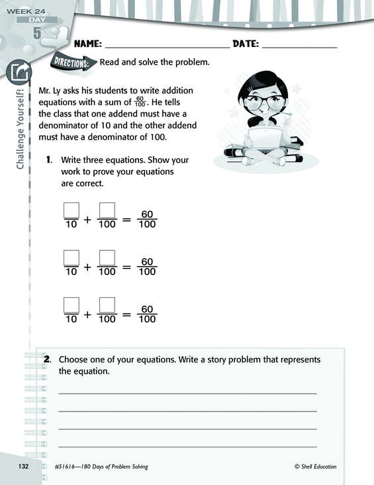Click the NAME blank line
pos(167,48)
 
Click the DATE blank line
pos(299,48)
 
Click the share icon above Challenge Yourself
pos(19,72)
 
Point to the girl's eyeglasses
pos(265,102)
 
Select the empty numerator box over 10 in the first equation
pos(71,210)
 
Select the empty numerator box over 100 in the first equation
pos(107,210)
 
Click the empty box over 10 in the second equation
pos(71,258)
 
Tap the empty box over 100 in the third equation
pos(107,305)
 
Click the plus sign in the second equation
pos(87,267)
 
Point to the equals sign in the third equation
pos(126,314)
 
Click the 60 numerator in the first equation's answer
pos(147,214)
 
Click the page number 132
pos(23,466)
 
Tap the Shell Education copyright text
pos(316,466)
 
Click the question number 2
pos(48,359)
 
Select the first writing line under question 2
pos(188,394)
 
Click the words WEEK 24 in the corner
pos(26,11)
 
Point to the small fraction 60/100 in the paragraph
pos(140,101)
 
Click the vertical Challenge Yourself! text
pos(20,128)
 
